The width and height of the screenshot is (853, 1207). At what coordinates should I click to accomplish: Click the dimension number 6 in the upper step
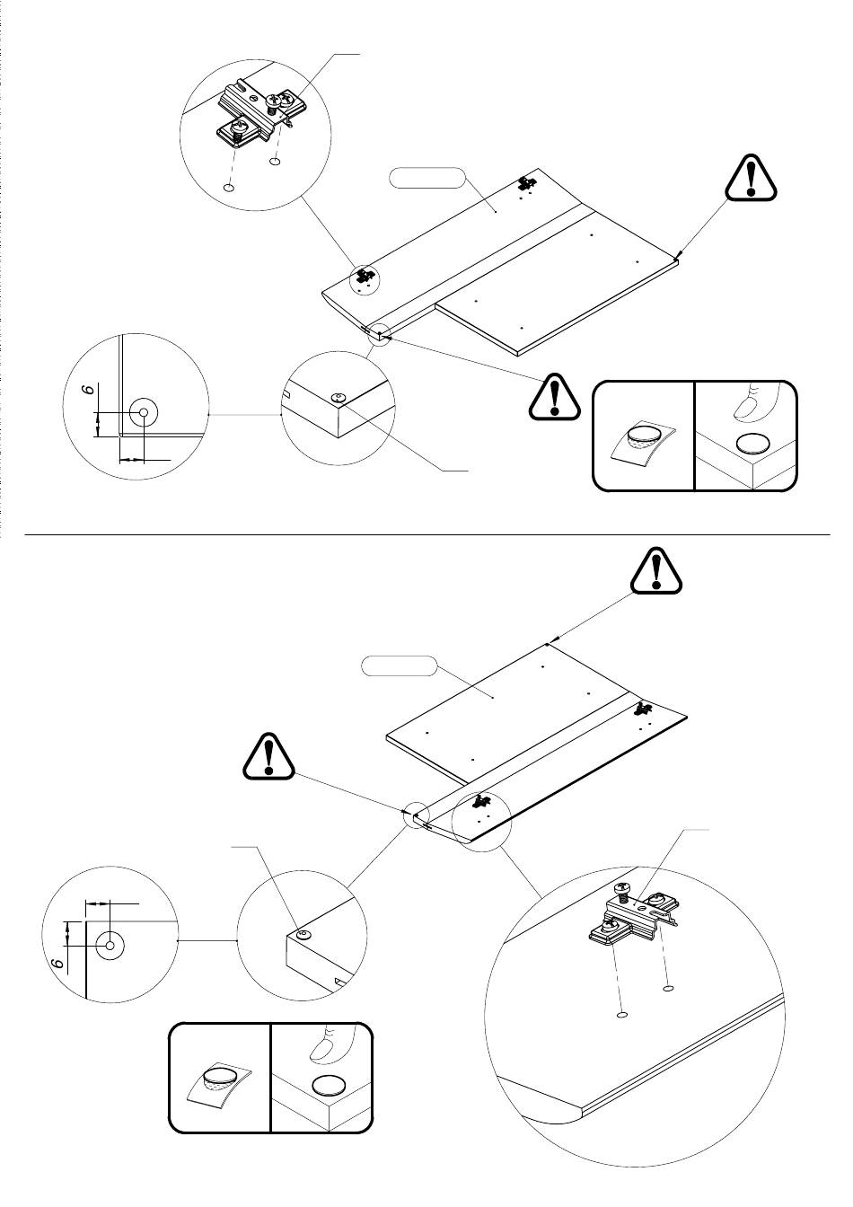point(91,388)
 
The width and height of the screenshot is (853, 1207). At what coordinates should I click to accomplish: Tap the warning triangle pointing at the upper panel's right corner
point(751,178)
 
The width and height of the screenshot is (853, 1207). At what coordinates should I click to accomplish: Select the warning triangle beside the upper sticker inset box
point(555,397)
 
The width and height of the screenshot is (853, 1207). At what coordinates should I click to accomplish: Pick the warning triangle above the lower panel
point(656,570)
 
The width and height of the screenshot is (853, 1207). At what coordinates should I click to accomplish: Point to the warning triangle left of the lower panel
point(268,755)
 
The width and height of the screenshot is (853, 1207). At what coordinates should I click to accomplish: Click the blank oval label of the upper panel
point(426,179)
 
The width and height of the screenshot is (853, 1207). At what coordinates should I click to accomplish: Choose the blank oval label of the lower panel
point(399,665)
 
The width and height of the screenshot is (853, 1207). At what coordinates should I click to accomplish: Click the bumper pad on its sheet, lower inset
point(220,1079)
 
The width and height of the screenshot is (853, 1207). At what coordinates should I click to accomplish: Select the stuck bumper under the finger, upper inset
point(753,444)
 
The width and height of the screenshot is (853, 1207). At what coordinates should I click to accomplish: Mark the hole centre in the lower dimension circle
point(110,945)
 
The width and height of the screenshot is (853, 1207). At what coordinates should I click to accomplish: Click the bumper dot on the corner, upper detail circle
point(339,398)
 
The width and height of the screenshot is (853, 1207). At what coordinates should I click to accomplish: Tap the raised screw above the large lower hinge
point(622,889)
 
